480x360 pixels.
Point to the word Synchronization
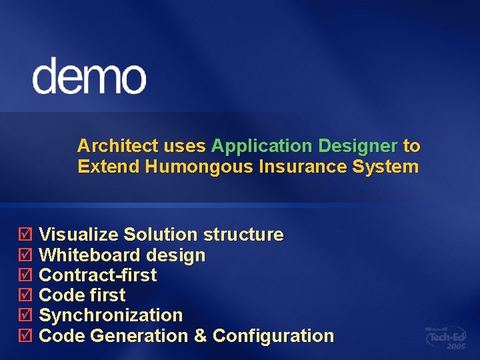[111, 315]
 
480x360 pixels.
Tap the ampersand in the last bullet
[200, 336]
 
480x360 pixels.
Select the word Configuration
[273, 336]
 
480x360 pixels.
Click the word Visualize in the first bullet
[79, 235]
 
